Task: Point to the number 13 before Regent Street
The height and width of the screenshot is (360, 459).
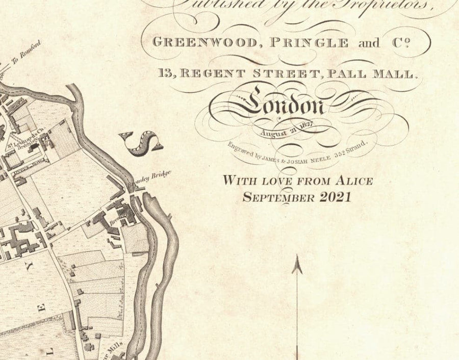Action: (x=166, y=73)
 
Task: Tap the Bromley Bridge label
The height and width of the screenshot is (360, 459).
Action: (x=152, y=176)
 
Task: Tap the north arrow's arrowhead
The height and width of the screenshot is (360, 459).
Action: (x=297, y=265)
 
